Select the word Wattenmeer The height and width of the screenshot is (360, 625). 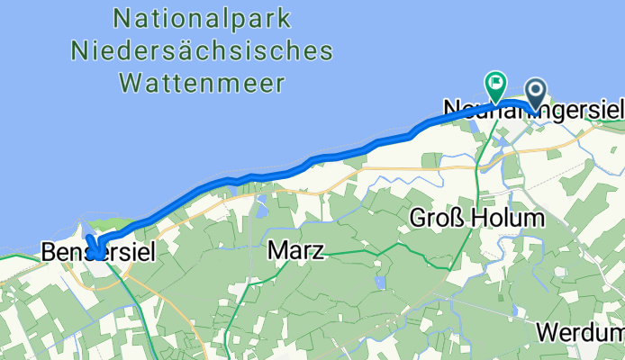pos(202,84)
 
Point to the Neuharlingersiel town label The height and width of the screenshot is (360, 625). pos(533,110)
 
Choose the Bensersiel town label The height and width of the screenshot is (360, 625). pos(98,254)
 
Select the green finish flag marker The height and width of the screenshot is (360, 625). pos(495,85)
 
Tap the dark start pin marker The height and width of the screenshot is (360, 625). pos(536,92)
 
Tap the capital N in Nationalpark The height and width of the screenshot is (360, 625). pos(123,16)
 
